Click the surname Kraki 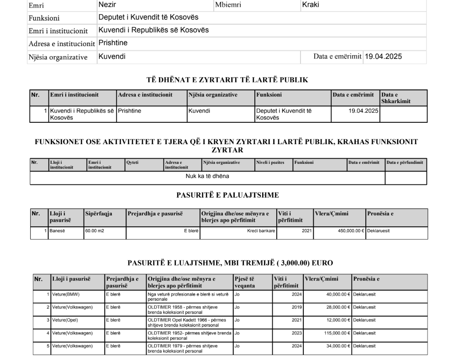(311, 5)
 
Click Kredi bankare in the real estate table (261, 231)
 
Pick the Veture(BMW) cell (66, 294)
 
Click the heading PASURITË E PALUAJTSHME (227, 195)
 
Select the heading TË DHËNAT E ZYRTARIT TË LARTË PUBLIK (227, 80)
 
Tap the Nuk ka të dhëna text (207, 176)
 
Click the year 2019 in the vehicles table (296, 307)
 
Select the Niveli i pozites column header (268, 162)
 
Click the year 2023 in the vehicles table (296, 333)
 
